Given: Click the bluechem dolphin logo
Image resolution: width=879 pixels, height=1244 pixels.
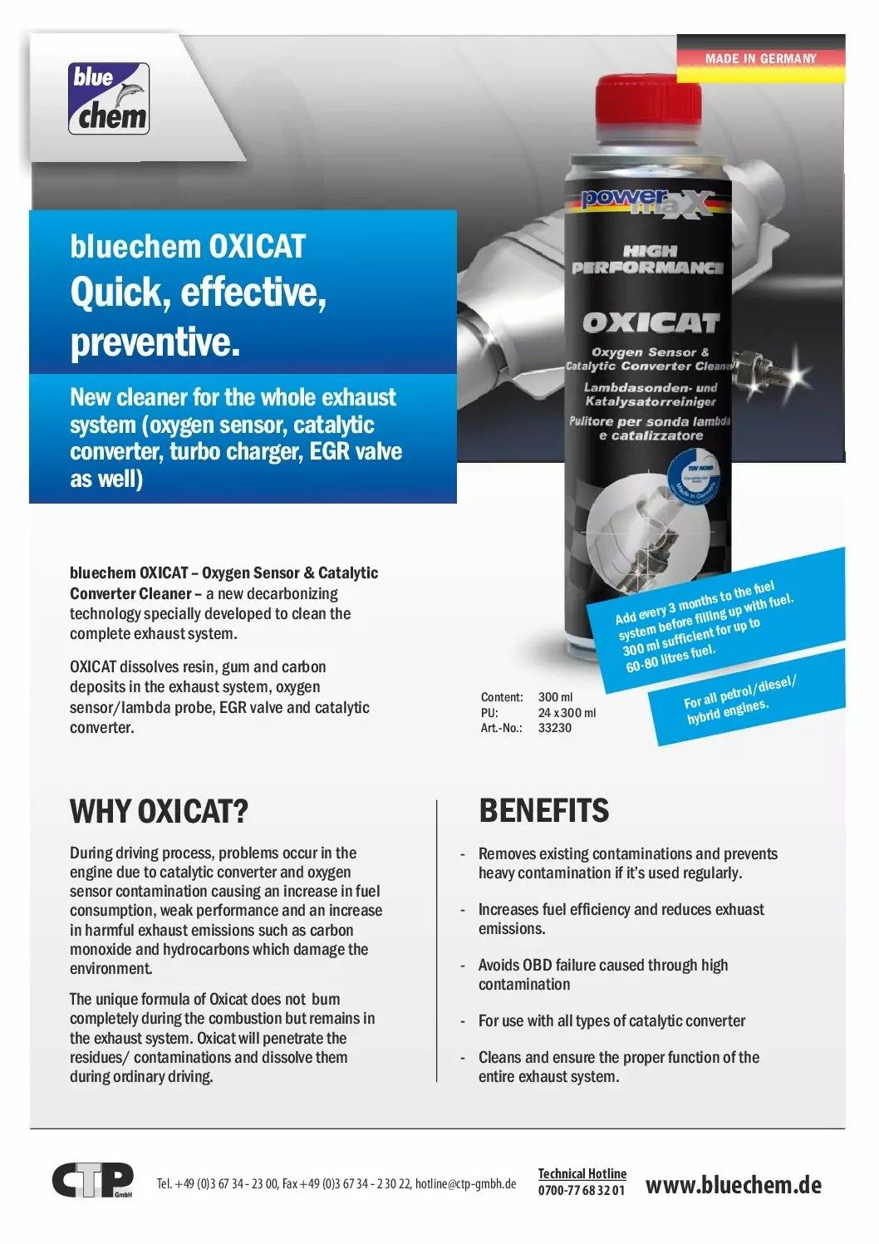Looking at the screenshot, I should point(109,99).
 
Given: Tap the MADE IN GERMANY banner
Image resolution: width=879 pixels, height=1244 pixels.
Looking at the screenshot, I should point(760,58).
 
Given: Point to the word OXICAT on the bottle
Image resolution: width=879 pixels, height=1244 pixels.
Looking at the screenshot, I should point(651,322).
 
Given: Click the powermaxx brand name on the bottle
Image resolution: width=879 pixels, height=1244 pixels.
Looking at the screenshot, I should point(646,200).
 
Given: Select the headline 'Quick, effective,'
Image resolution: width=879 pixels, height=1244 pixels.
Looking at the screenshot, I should point(198,293).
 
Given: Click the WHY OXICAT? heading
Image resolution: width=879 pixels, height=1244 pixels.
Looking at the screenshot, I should point(159,811).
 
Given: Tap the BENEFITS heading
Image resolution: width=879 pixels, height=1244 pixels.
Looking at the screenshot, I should point(543,810).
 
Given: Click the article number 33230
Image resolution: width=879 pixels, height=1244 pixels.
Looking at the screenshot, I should point(554,728).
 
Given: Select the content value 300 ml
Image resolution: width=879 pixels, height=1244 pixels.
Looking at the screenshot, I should point(555,697).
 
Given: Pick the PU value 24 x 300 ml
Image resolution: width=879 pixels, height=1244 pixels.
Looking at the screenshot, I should point(567,713).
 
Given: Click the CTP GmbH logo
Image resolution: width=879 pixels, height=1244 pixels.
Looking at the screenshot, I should point(92,1180).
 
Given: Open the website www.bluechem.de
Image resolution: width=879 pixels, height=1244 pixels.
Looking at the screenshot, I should point(733,1185).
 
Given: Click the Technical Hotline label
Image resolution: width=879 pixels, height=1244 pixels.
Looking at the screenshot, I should point(582,1173).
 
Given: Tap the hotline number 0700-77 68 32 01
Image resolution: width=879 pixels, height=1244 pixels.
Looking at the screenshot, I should point(581,1190).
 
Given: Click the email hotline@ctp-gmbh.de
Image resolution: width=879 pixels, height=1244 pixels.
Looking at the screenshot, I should point(465,1184).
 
